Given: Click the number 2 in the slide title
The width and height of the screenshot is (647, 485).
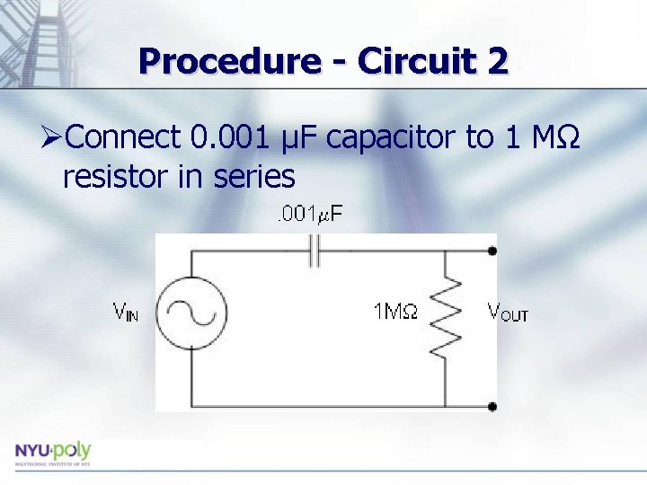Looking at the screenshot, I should (x=495, y=61).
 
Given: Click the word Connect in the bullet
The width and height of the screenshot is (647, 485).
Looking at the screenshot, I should (x=124, y=137).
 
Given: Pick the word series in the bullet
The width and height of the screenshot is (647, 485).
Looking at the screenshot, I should (x=254, y=177).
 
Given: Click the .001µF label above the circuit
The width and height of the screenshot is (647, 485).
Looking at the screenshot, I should (x=307, y=214).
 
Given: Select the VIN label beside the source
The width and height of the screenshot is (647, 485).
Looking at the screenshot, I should (x=125, y=313).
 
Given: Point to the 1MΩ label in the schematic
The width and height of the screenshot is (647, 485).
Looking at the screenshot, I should (x=394, y=313).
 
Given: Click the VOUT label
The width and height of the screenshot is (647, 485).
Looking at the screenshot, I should (x=507, y=313).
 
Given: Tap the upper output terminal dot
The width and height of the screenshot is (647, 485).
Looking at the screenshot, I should (x=492, y=251).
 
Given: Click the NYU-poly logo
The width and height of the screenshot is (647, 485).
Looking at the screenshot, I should (x=52, y=452).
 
